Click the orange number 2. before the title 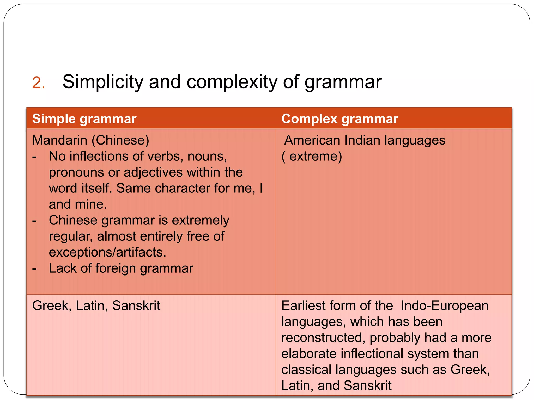point(38,83)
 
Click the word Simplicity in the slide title point(103,82)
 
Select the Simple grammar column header point(84,119)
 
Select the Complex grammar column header point(339,119)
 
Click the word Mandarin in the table point(60,140)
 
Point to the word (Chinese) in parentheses point(120,140)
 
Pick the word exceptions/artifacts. point(107,252)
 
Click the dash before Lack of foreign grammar point(34,268)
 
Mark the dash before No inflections point(34,157)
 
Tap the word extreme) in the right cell point(315,156)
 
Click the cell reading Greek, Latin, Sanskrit point(96,305)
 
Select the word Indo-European point(444,305)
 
